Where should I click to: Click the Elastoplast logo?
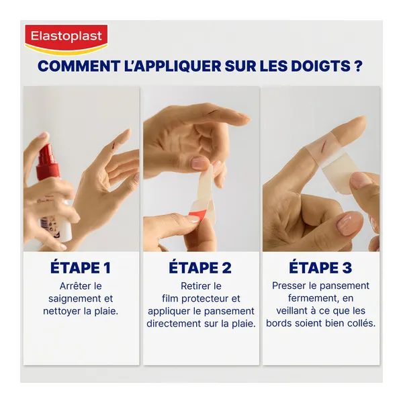click(66, 39)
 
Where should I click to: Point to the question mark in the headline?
click(358, 66)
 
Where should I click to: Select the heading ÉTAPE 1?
click(81, 267)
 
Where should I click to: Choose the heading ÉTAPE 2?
click(200, 267)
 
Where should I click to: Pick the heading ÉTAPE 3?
click(320, 267)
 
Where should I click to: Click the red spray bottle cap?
click(48, 162)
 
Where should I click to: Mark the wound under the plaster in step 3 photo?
click(324, 148)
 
